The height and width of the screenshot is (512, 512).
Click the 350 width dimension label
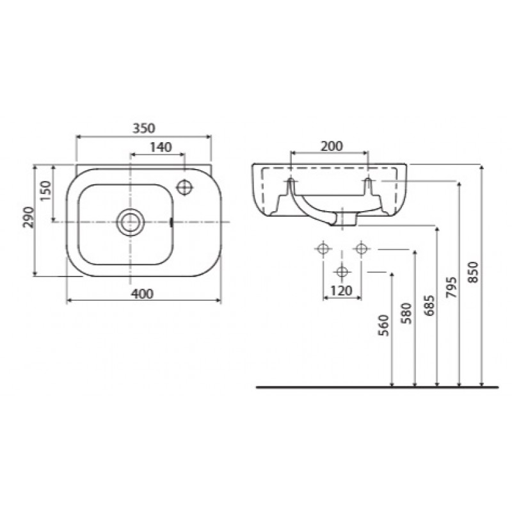click(143, 129)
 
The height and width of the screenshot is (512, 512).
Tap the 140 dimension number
click(161, 147)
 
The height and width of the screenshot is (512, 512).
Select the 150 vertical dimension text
click(46, 191)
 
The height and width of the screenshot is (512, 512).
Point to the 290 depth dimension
click(28, 218)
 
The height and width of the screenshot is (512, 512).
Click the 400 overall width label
click(142, 294)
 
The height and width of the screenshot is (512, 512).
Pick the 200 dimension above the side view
click(332, 146)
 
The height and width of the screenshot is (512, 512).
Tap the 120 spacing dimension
click(342, 291)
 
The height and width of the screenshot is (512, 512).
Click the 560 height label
click(384, 326)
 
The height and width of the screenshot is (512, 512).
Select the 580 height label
click(406, 314)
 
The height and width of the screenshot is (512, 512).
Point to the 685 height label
click(429, 306)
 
